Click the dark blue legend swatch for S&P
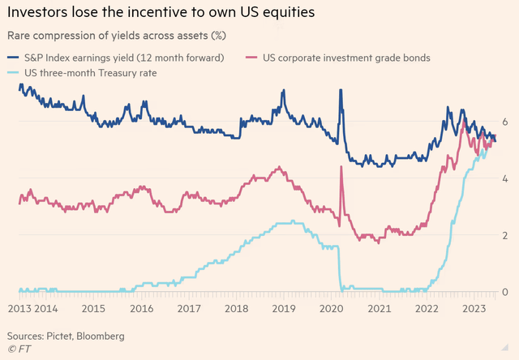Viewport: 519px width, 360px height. (x=13, y=58)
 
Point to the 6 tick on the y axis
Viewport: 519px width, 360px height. (x=504, y=122)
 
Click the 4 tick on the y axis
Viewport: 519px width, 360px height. (x=504, y=178)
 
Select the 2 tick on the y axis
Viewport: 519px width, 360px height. (x=504, y=235)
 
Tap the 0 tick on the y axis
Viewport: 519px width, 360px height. (x=504, y=292)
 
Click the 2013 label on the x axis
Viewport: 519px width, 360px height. (x=19, y=309)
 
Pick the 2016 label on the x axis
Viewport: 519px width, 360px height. (x=141, y=309)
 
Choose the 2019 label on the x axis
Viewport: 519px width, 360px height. (x=284, y=309)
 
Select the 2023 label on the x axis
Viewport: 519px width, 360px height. (x=474, y=309)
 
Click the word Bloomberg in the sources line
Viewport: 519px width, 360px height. (x=101, y=336)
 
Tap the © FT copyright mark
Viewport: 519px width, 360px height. (x=19, y=349)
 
